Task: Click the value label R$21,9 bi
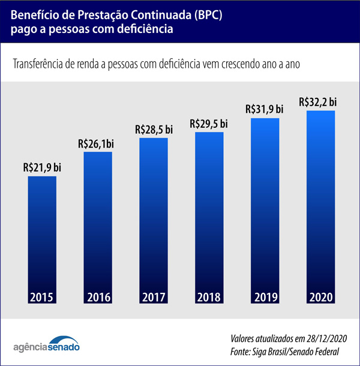(43, 169)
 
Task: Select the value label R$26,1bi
(97, 144)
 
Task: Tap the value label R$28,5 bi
(154, 130)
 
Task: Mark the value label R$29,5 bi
(209, 124)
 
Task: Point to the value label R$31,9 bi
(265, 110)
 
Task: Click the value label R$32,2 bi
(320, 101)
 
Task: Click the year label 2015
(43, 297)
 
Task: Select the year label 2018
(209, 297)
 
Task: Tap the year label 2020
(320, 297)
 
